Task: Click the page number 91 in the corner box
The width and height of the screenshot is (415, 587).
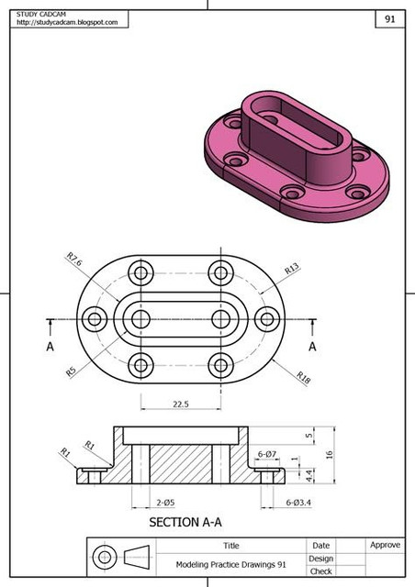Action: pos(389,17)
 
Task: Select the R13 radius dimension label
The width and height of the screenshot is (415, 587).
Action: pos(292,270)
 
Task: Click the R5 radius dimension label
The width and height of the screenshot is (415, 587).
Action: pos(70,371)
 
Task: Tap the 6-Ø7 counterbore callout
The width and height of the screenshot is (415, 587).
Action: pos(267,454)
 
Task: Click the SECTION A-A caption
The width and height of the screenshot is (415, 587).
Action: pos(185,523)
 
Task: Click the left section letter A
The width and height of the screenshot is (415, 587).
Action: pos(50,347)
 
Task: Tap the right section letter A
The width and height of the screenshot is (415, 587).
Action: pos(312,347)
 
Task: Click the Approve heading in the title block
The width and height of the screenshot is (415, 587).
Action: pos(385,545)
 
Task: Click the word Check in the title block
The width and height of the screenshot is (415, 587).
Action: pos(320,571)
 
